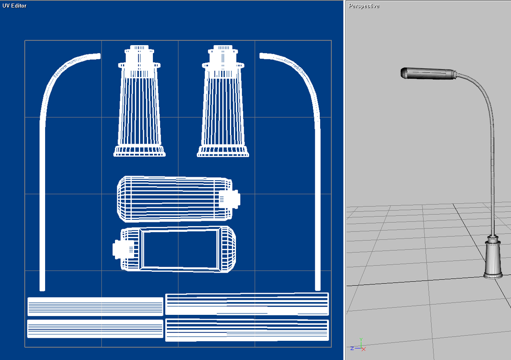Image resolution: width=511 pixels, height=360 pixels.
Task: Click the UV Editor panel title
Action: point(14,6)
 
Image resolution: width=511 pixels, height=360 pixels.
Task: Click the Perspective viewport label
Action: point(364,6)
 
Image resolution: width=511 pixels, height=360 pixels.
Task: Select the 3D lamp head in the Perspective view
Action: point(428,73)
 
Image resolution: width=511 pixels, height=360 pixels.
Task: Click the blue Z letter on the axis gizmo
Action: point(352,348)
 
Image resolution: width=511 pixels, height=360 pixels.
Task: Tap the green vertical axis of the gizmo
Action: point(362,343)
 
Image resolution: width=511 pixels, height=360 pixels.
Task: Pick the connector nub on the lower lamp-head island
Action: point(117,249)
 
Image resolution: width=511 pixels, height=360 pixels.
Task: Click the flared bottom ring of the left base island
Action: point(139,151)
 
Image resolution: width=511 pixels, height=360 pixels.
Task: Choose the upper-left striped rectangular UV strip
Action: point(95,306)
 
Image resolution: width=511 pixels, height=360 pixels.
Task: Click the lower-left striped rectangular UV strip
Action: point(95,328)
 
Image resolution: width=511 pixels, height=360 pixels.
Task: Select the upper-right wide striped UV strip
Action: point(247,304)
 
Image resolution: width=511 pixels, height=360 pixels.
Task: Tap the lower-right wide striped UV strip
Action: point(247,330)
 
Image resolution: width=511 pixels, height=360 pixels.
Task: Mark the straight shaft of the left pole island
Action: point(42,204)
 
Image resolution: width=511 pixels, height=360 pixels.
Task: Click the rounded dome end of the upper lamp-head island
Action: point(125,199)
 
